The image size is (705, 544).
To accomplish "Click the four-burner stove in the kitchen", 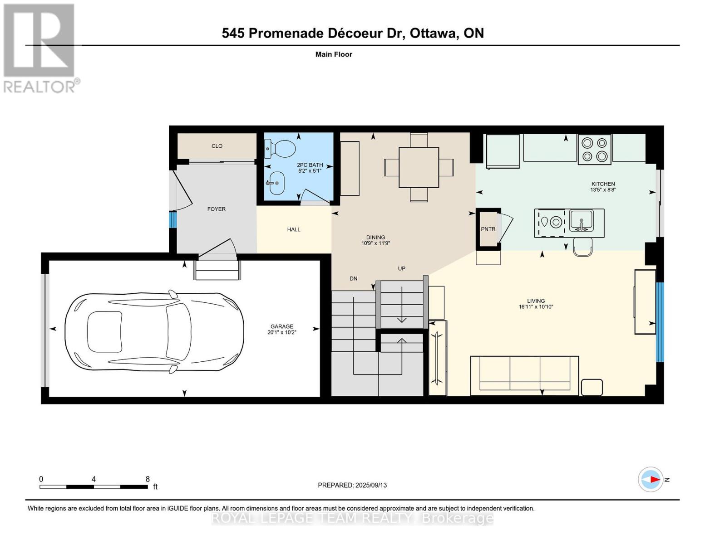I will click(x=594, y=149).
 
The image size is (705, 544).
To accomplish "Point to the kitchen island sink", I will click(x=581, y=221).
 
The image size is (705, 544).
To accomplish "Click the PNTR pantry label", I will click(x=488, y=229).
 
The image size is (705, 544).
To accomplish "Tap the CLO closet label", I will click(x=217, y=146).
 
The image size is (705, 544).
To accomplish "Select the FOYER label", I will click(x=217, y=209).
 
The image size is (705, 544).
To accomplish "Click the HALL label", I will click(x=294, y=229).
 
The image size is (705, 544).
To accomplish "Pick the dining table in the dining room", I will click(x=419, y=167).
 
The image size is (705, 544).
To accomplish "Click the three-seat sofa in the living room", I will click(x=524, y=375).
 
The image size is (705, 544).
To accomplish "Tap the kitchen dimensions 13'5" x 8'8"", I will click(x=603, y=190).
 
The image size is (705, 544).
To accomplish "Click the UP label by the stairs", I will click(x=401, y=268).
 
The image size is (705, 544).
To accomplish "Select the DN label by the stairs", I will click(x=354, y=279).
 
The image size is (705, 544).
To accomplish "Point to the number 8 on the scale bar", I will click(x=148, y=479).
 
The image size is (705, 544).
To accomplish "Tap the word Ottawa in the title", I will click(x=433, y=33).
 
